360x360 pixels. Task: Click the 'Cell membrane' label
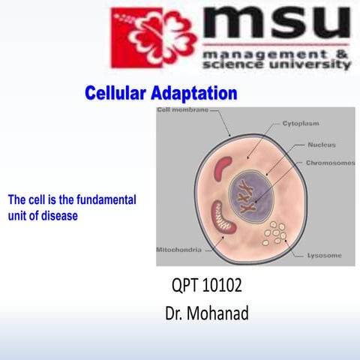point(181,111)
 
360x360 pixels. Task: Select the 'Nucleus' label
point(321,144)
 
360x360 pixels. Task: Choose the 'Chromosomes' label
point(330,162)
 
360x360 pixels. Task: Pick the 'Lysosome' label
point(324,256)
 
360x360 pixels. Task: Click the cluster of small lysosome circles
point(276,233)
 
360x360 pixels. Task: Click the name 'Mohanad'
point(223,312)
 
